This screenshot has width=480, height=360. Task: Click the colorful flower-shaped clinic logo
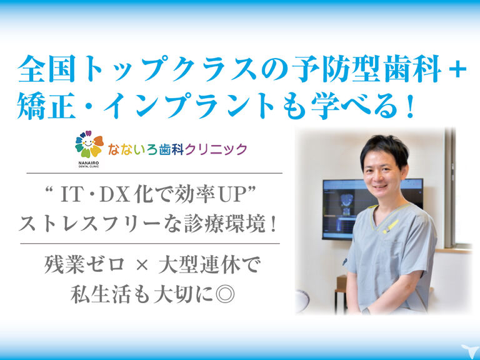(x=89, y=144)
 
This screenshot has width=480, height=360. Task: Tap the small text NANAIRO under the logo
(x=89, y=163)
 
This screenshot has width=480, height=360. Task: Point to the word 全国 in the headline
(x=46, y=69)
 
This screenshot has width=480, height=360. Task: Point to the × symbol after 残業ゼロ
(x=142, y=265)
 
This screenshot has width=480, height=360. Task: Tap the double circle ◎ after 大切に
(x=225, y=294)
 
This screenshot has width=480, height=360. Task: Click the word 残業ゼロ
(x=85, y=264)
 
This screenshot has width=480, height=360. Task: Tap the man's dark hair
(x=385, y=148)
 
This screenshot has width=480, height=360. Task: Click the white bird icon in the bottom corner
(x=469, y=351)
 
